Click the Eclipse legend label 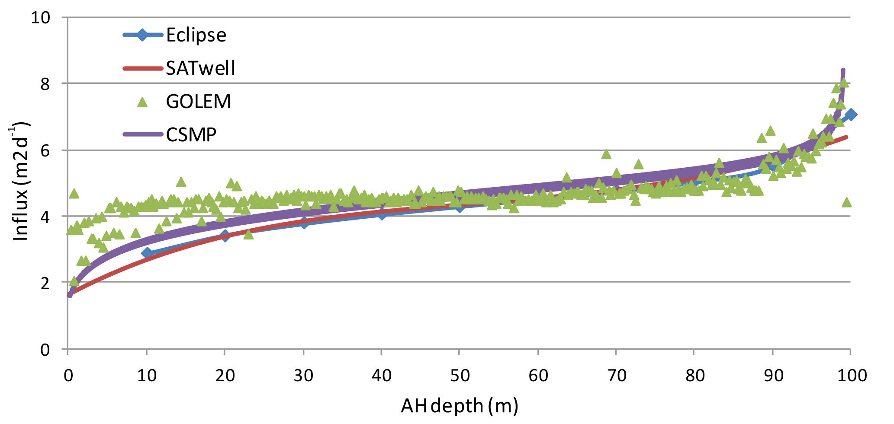coord(196,35)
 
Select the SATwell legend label coord(200,68)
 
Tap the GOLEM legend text coord(198,102)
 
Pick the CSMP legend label coord(191,135)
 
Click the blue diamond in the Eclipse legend coord(142,35)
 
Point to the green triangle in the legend coord(142,102)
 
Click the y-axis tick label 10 coord(41,18)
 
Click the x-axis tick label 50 coord(460,376)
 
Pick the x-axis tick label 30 coord(303,376)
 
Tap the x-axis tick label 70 coord(617,376)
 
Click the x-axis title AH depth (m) coord(459,406)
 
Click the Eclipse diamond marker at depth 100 coord(851,115)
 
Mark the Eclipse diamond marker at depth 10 coord(147,253)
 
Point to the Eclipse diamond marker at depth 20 coord(225,236)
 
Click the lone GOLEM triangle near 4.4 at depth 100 coord(847,202)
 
